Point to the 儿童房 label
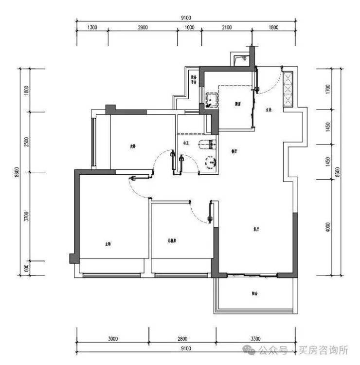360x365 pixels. pyautogui.click(x=173, y=240)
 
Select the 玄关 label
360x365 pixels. pyautogui.click(x=268, y=110)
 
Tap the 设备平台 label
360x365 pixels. pyautogui.click(x=194, y=80)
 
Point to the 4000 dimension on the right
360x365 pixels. pyautogui.click(x=327, y=228)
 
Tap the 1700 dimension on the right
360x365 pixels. pyautogui.click(x=327, y=89)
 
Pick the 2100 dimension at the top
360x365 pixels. pyautogui.click(x=226, y=27)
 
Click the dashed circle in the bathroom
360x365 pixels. pyautogui.click(x=211, y=161)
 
